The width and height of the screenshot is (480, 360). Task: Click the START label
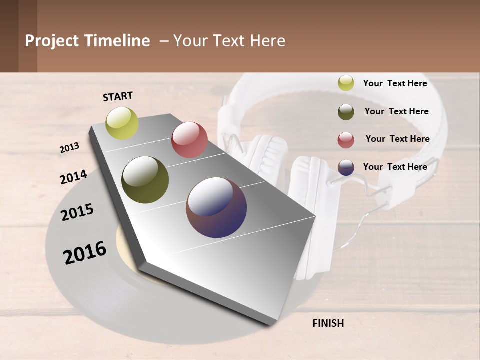pyautogui.click(x=118, y=96)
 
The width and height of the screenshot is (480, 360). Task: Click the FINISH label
pyautogui.click(x=328, y=323)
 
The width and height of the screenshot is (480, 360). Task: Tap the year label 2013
pyautogui.click(x=70, y=148)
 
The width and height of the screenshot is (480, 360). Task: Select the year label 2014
pyautogui.click(x=73, y=177)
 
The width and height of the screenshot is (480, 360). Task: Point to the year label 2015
pyautogui.click(x=77, y=212)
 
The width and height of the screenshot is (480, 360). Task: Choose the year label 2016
pyautogui.click(x=85, y=252)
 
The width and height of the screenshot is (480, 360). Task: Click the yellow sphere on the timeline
pyautogui.click(x=122, y=123)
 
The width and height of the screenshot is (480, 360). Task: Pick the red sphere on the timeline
pyautogui.click(x=189, y=140)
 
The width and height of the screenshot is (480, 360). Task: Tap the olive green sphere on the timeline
pyautogui.click(x=145, y=180)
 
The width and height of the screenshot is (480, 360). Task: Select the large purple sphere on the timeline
pyautogui.click(x=216, y=207)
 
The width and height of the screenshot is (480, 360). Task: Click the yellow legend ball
pyautogui.click(x=346, y=83)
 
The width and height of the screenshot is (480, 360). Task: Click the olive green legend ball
pyautogui.click(x=346, y=112)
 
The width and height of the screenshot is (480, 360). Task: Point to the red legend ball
pyautogui.click(x=346, y=140)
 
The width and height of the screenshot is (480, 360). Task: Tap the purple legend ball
pyautogui.click(x=346, y=167)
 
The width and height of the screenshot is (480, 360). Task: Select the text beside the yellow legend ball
pyautogui.click(x=395, y=83)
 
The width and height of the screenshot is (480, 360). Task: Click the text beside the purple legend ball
pyautogui.click(x=395, y=167)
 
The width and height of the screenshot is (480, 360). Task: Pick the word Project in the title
pyautogui.click(x=51, y=41)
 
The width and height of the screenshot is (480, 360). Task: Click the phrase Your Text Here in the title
pyautogui.click(x=229, y=41)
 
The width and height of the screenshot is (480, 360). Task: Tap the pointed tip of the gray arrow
pyautogui.click(x=271, y=325)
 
